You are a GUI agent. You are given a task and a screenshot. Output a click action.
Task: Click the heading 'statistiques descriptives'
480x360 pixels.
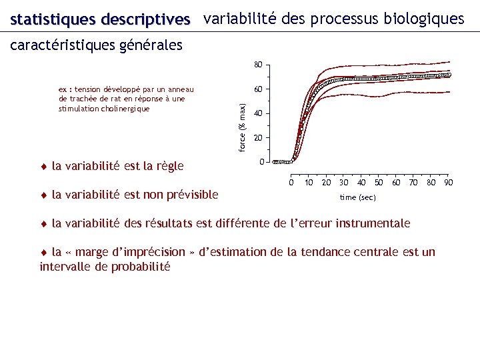click(x=100, y=20)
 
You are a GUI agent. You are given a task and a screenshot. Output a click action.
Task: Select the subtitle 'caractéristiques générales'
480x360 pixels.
click(x=96, y=46)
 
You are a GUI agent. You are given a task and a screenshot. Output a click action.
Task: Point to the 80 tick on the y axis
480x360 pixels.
click(x=257, y=65)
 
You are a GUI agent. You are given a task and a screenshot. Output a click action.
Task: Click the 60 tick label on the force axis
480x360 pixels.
click(x=257, y=89)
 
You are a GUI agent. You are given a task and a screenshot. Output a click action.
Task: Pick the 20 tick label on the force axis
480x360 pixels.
click(x=257, y=138)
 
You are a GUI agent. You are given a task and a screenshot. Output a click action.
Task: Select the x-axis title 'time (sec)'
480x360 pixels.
click(x=357, y=197)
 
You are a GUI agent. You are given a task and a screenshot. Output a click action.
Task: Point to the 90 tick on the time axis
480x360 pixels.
click(x=449, y=183)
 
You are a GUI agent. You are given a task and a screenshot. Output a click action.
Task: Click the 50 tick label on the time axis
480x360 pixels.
click(x=379, y=183)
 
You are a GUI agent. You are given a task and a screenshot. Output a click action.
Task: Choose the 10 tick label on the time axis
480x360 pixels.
click(x=309, y=183)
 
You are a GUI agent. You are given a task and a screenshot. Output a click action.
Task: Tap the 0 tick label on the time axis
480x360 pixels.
click(x=291, y=183)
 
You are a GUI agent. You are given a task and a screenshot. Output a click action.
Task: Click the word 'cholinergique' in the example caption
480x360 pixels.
click(x=126, y=109)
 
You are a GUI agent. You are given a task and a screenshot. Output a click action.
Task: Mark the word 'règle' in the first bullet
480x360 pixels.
click(x=168, y=166)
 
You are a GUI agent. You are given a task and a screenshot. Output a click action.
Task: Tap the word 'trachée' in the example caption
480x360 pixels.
click(x=80, y=99)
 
